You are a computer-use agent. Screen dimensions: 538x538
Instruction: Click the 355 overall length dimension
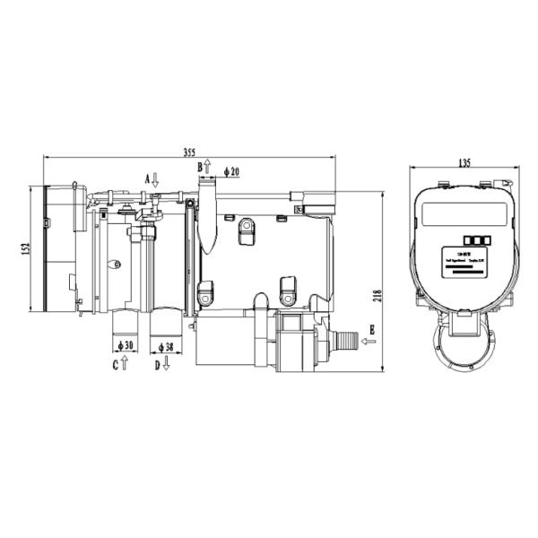point(187,152)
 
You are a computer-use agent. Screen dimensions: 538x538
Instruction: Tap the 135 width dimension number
point(464,162)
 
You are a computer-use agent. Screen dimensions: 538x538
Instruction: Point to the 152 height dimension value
point(26,247)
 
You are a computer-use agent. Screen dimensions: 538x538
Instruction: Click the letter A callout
point(147,178)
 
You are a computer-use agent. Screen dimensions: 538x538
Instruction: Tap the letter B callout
point(200,167)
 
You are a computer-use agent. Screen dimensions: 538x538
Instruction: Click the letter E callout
point(370,330)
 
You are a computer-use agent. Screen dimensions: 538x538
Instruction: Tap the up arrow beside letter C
point(125,364)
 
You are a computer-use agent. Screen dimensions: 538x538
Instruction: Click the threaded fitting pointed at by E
point(344,342)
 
